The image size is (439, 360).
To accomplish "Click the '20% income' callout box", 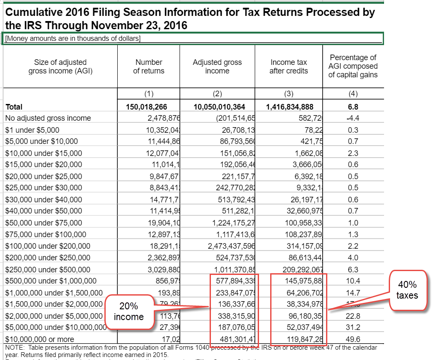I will pos(129,312).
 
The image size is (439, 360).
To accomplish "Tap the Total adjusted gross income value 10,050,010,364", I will pos(217,107).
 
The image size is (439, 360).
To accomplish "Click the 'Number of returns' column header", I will pos(149,67).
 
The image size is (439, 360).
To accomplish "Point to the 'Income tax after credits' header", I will pos(289,67).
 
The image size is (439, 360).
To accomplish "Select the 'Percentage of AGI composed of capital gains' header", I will pos(353,66).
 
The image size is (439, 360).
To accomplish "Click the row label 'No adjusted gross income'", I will pos(48,118).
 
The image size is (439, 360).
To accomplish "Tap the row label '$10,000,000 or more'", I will pos(40,339).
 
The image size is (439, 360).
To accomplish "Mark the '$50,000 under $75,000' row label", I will pos(43,223).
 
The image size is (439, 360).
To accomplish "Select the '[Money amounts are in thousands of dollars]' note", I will pos(73,39).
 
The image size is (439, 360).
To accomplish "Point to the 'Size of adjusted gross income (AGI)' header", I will pos(60,67).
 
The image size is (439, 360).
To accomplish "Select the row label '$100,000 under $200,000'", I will pos(48,246).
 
